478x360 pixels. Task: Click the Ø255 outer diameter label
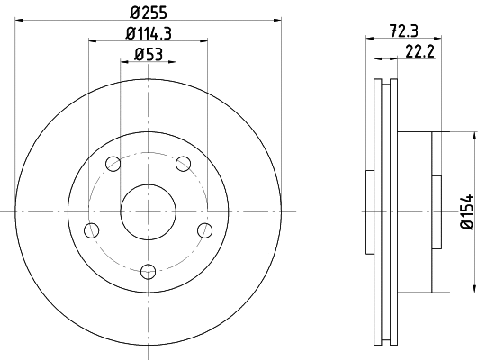[x=149, y=13]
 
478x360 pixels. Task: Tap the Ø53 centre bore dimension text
[x=149, y=56]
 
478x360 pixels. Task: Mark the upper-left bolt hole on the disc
[x=113, y=164]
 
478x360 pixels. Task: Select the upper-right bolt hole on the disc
[x=185, y=164]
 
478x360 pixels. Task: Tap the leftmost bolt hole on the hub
[x=90, y=230]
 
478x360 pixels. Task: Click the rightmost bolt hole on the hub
[x=206, y=230]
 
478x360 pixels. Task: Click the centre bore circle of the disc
[x=149, y=211]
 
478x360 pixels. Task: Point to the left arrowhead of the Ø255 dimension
[x=19, y=22]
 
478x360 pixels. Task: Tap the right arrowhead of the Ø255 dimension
[x=278, y=22]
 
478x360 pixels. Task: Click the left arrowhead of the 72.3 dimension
[x=369, y=40]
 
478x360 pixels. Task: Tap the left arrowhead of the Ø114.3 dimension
[x=92, y=41]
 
